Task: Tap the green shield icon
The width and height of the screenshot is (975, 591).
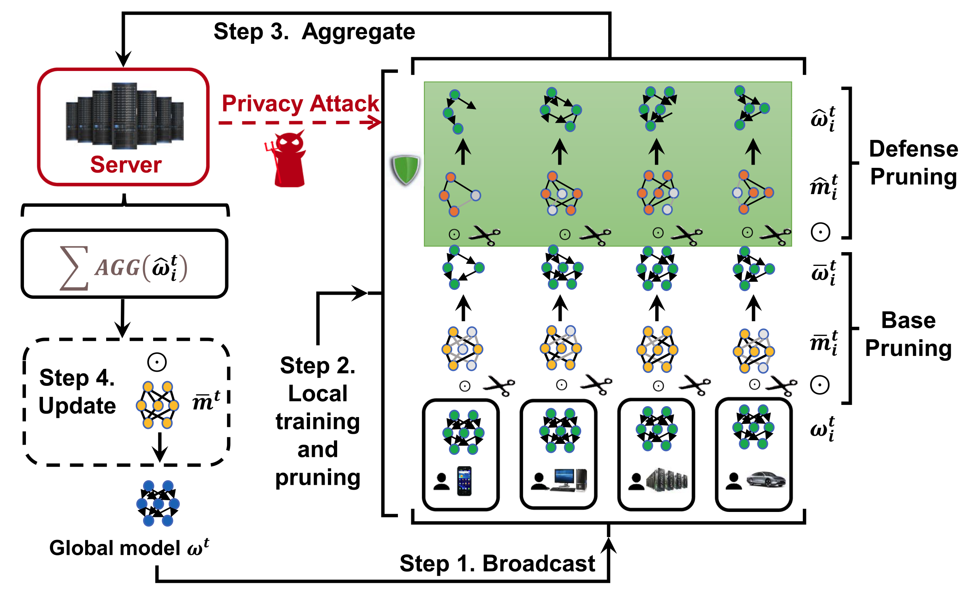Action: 405,170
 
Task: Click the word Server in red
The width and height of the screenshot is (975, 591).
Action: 126,165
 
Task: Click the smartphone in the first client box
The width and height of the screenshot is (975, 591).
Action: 464,481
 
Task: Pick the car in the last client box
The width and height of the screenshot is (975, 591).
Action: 765,480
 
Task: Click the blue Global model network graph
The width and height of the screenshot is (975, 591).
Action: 158,503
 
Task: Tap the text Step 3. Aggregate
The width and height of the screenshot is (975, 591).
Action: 314,32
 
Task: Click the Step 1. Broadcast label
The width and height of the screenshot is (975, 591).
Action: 497,563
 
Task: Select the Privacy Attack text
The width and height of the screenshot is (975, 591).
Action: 300,103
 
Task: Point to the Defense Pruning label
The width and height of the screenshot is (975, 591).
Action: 913,163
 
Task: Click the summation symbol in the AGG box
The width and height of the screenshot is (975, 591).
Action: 74,268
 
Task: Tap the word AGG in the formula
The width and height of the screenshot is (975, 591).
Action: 118,268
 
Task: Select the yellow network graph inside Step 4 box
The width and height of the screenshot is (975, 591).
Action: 158,405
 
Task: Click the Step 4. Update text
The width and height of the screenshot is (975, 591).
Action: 77,392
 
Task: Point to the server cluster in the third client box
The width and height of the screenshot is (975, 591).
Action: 667,480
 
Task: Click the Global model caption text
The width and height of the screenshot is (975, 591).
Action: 129,548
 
